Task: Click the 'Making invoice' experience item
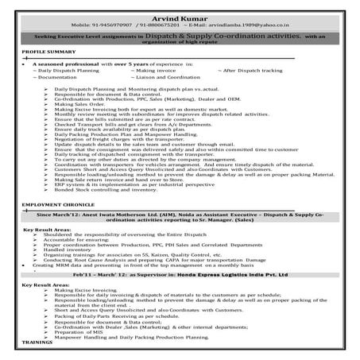(x=158, y=71)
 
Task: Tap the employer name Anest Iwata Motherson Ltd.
(x=120, y=214)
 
